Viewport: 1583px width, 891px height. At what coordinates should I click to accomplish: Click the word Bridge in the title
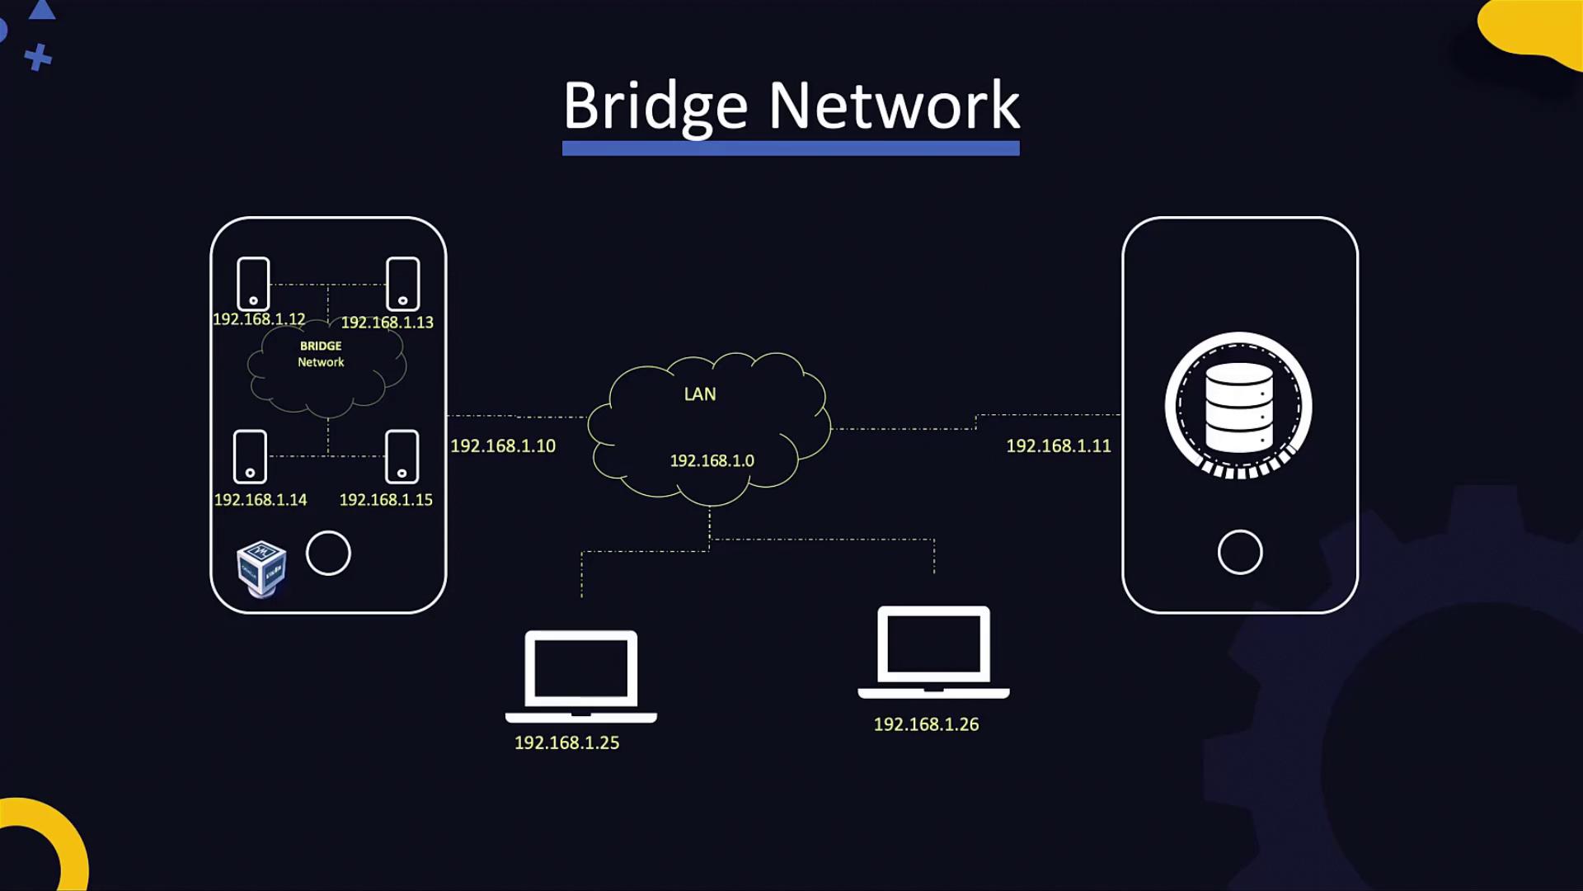[655, 106]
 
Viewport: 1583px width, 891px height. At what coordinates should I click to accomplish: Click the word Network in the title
[895, 106]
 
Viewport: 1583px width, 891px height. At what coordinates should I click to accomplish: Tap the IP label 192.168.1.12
[259, 319]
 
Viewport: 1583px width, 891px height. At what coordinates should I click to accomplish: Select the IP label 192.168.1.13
[387, 323]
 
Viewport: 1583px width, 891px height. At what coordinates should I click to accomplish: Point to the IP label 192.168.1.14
[260, 500]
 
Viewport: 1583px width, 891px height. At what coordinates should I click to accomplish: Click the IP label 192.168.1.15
[386, 500]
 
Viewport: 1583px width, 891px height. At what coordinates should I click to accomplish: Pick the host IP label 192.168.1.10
[503, 446]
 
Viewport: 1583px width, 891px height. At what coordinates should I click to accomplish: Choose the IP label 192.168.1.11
[1059, 446]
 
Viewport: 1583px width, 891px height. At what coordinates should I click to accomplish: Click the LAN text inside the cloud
[700, 394]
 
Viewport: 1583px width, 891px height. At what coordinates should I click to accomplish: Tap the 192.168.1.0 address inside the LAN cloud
[712, 461]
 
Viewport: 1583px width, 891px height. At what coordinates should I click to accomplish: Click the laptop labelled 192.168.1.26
[933, 652]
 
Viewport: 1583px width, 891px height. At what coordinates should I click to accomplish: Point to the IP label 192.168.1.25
[566, 743]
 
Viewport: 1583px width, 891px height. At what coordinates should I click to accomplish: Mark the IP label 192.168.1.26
[926, 724]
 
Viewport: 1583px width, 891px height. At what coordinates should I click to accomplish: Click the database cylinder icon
[1238, 407]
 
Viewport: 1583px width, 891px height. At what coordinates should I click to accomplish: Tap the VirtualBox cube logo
[261, 568]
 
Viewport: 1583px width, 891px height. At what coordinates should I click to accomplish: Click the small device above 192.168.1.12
[253, 284]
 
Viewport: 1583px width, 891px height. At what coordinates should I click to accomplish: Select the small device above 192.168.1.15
[402, 456]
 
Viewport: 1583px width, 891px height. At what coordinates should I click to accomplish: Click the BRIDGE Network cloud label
[321, 354]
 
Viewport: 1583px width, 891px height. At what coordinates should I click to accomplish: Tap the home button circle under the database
[1240, 552]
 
